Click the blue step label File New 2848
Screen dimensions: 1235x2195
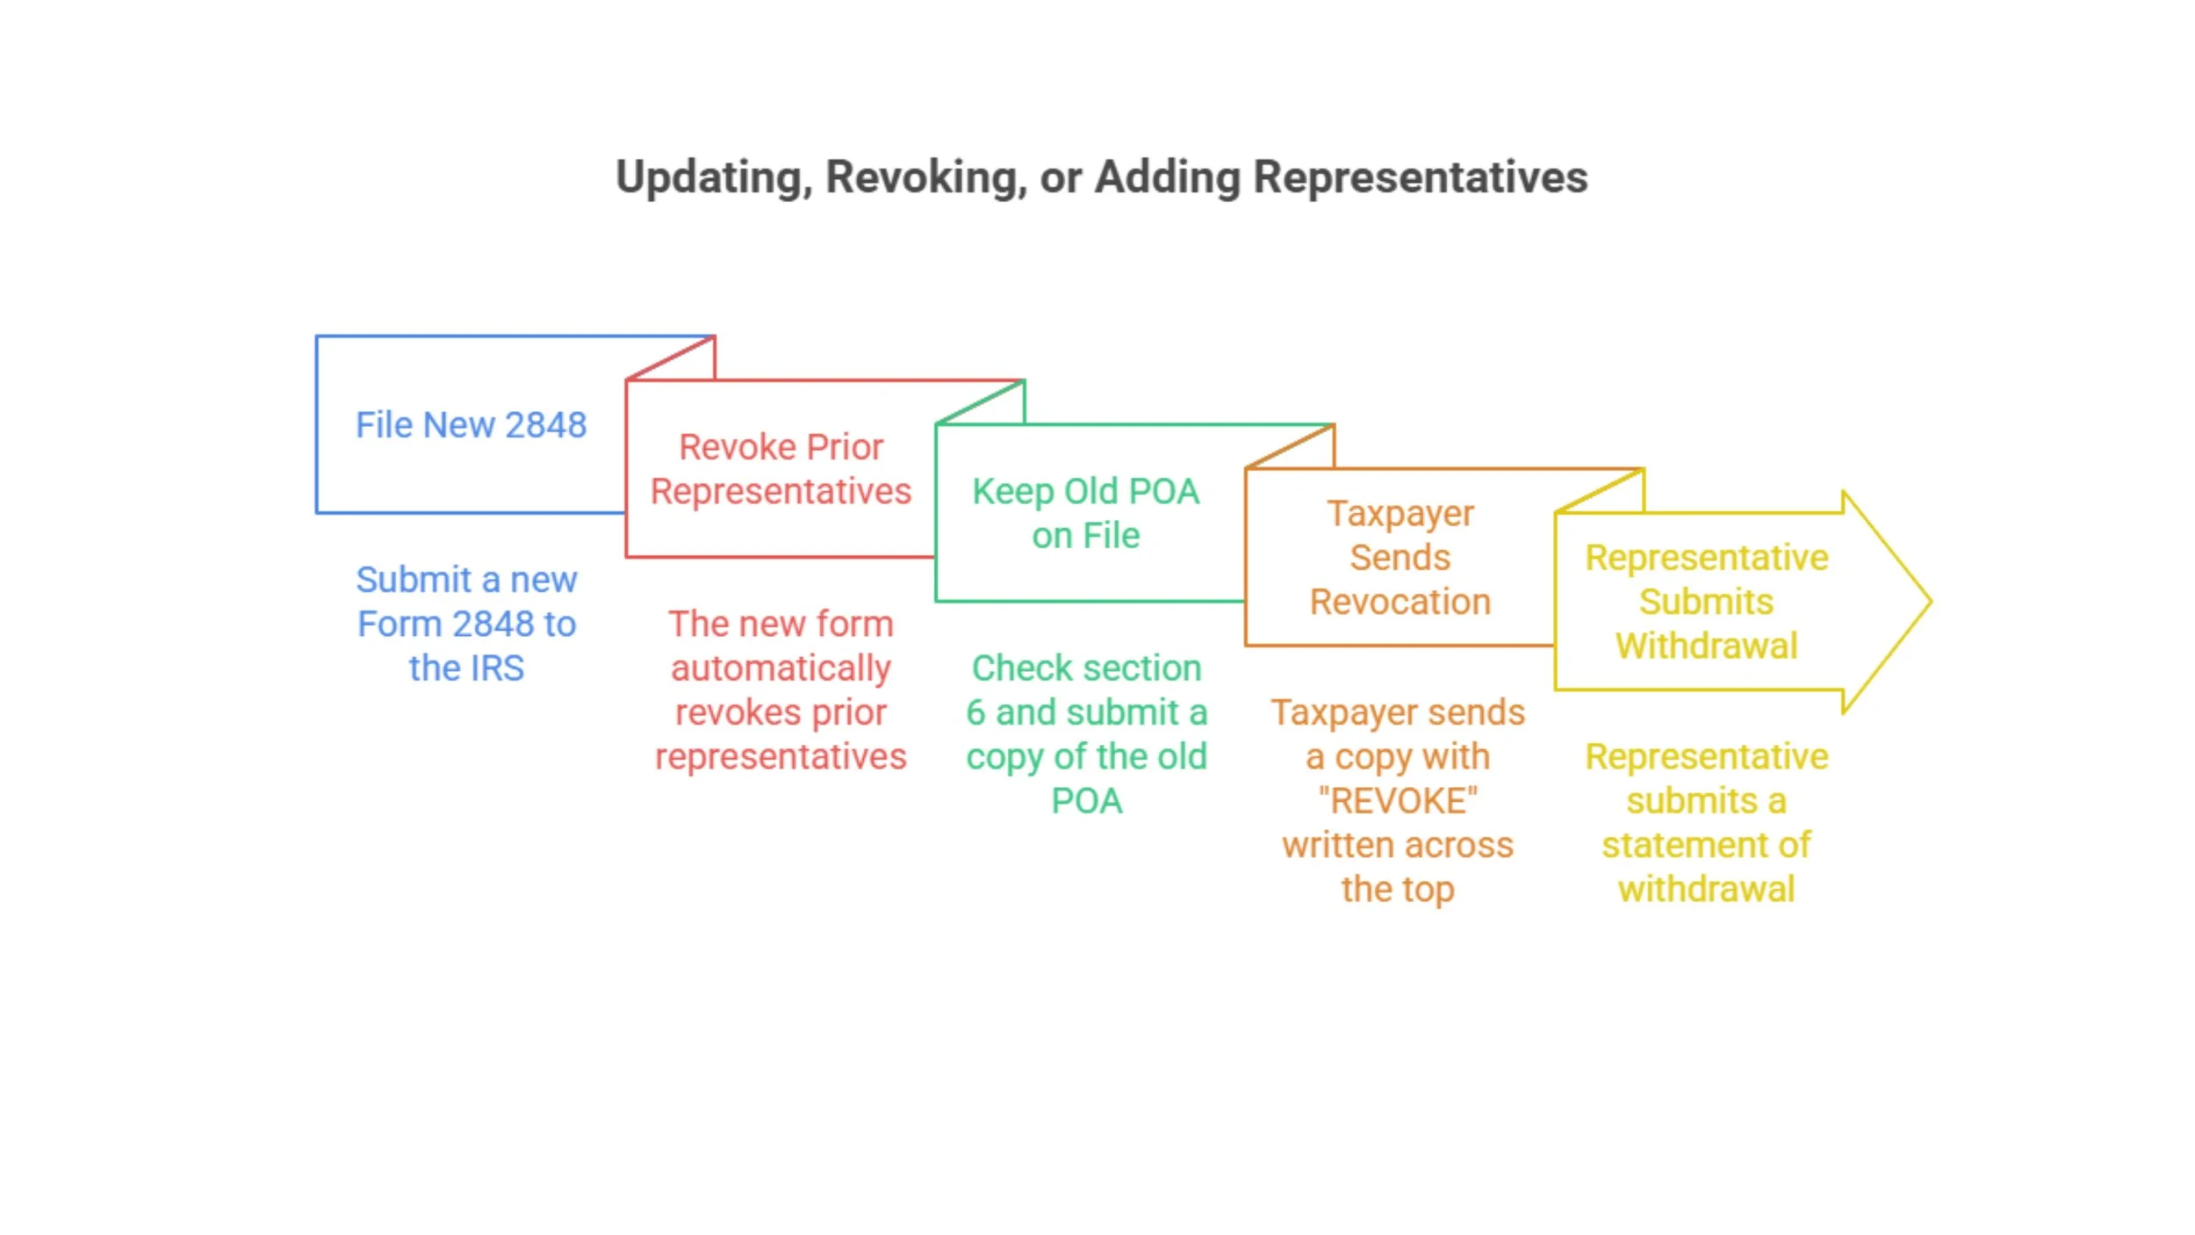[x=471, y=425]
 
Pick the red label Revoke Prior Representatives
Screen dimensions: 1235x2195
[x=781, y=469]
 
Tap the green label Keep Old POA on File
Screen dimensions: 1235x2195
[x=1085, y=513]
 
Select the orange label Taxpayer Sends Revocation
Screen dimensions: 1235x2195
[x=1400, y=558]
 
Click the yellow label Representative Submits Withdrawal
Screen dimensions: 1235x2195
[x=1706, y=602]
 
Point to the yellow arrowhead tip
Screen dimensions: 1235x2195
[x=1928, y=602]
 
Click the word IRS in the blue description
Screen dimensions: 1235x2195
[x=492, y=668]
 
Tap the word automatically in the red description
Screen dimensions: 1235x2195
[x=781, y=668]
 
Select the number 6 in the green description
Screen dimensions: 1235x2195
[x=975, y=712]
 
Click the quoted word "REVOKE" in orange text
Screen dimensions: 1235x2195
[x=1398, y=801]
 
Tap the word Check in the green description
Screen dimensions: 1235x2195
[x=1011, y=668]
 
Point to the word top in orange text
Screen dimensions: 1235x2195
[x=1429, y=890]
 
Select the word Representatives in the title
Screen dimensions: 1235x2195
[x=1420, y=178]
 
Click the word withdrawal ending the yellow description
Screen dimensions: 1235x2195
[x=1706, y=890]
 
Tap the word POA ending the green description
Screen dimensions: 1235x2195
[x=1086, y=801]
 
